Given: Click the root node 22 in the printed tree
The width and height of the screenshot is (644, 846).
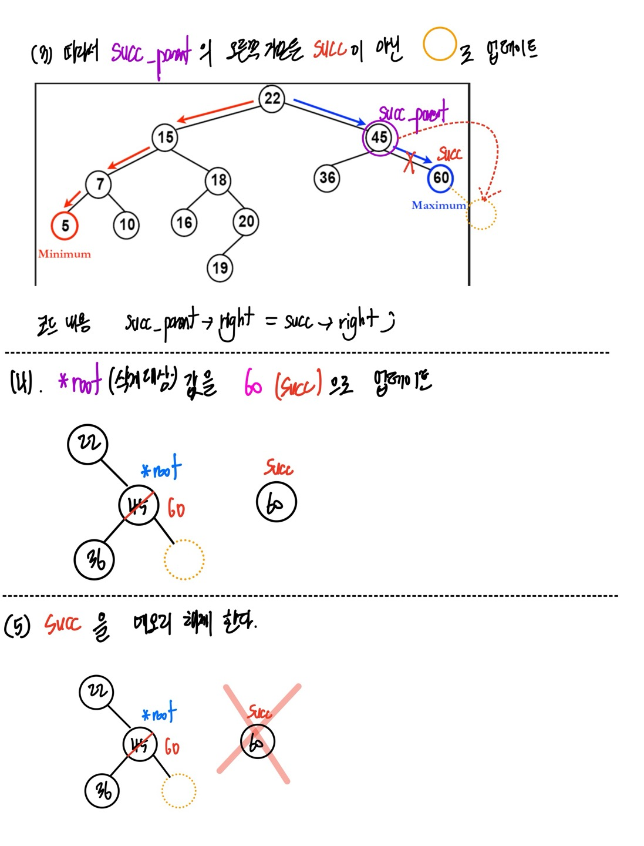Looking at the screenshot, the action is pos(272,98).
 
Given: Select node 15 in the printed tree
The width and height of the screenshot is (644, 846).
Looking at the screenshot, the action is pos(165,137).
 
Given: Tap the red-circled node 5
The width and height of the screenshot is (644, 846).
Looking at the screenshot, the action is pos(65,226).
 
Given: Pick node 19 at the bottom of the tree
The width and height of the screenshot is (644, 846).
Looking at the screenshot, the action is pos(220,268).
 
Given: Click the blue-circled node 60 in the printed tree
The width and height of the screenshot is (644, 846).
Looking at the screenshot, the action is pos(440,178).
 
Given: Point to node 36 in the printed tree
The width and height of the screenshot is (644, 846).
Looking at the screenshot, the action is pos(327,177).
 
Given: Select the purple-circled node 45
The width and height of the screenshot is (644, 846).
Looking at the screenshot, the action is pos(379,137).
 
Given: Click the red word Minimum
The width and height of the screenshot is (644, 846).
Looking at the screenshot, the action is pos(65,254).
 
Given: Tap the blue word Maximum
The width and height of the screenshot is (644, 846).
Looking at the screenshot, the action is pos(439,205).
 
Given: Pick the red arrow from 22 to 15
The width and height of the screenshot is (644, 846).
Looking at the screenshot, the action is pos(216,112).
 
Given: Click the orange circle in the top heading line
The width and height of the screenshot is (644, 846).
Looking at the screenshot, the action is pos(439,44).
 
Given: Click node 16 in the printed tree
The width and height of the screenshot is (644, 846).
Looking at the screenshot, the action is pos(184,223).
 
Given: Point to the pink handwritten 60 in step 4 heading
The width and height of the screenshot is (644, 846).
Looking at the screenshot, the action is pos(253,384).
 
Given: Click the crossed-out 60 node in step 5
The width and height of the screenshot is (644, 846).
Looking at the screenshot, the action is pos(257,741).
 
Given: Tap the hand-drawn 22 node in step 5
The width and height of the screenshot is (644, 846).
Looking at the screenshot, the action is pos(96,691).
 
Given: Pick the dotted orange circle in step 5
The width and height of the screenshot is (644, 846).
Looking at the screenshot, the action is pos(178,791).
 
